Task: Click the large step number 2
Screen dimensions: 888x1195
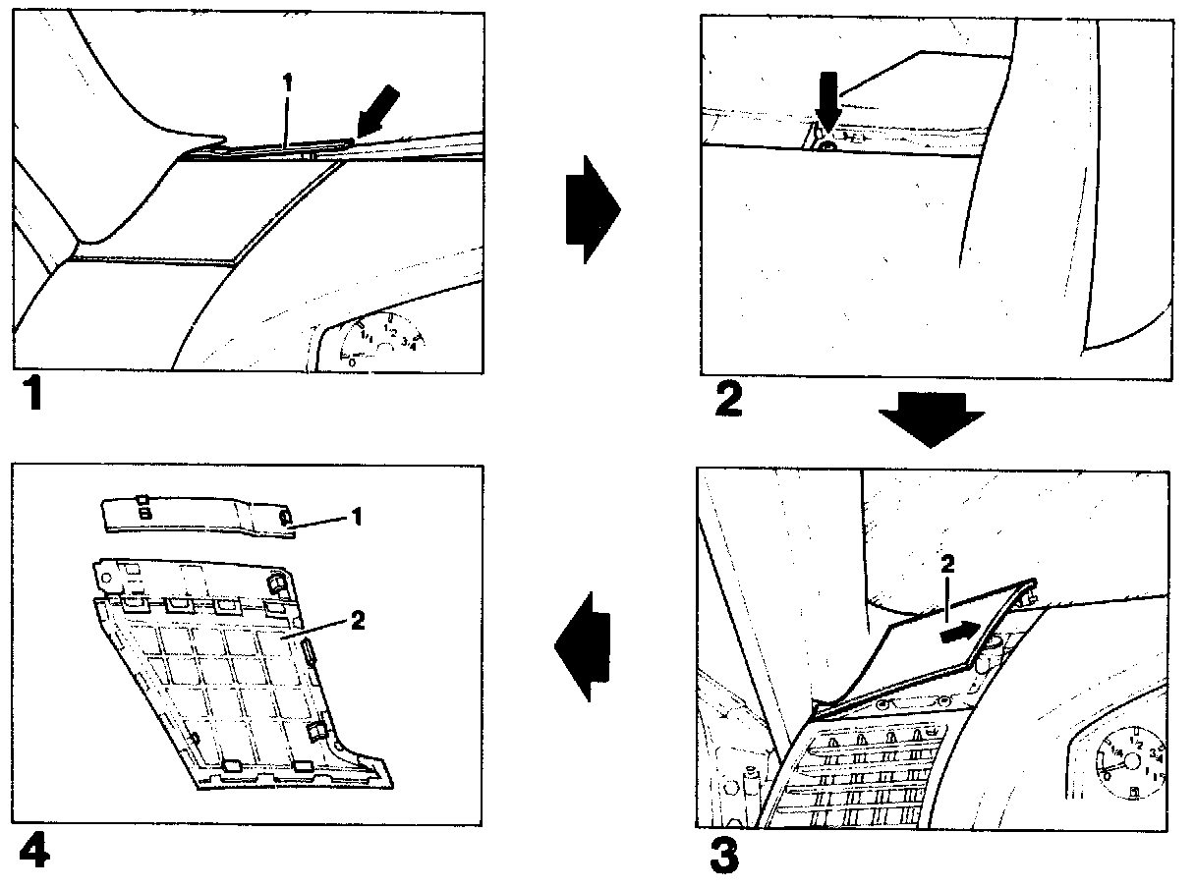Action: [x=728, y=400]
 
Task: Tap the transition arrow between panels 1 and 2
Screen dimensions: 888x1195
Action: [x=593, y=209]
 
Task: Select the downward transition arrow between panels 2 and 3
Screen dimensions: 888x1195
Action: [x=930, y=418]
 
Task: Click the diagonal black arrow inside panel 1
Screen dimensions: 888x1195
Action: [x=379, y=108]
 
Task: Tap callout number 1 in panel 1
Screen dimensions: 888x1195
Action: [x=287, y=84]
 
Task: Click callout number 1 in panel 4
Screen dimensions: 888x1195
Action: [x=358, y=516]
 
